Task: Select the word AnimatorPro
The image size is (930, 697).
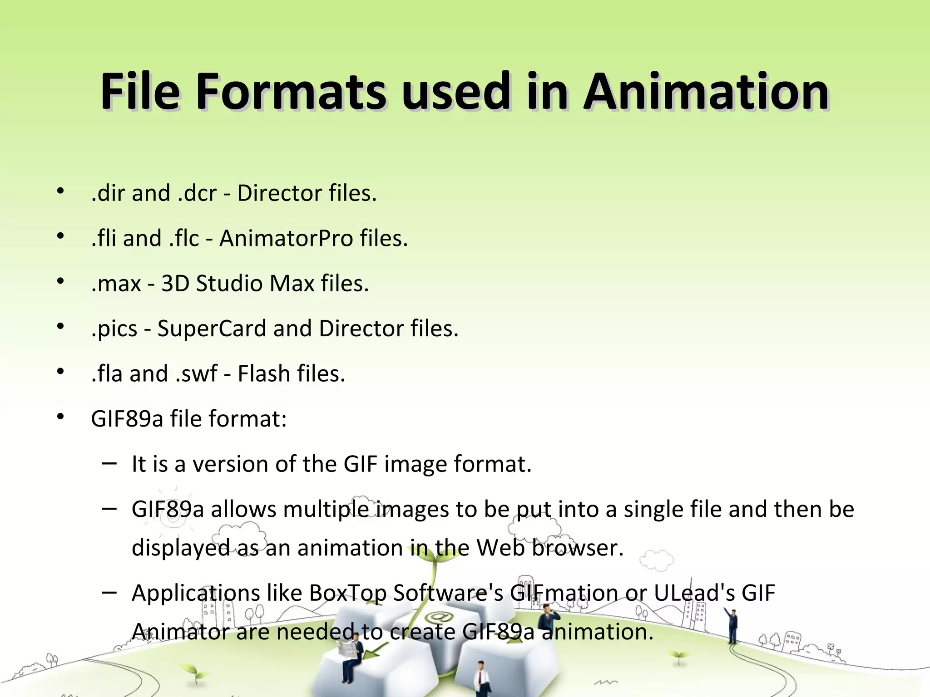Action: (286, 238)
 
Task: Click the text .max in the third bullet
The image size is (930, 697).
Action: (116, 284)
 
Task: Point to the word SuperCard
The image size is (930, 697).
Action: (212, 329)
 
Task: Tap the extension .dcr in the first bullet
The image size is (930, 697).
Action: (197, 193)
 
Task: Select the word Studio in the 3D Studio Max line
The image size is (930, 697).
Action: (229, 284)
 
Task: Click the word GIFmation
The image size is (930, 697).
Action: (564, 593)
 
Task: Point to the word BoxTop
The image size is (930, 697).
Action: (347, 593)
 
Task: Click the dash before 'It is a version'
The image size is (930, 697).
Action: (109, 463)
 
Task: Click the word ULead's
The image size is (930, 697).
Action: (694, 593)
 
